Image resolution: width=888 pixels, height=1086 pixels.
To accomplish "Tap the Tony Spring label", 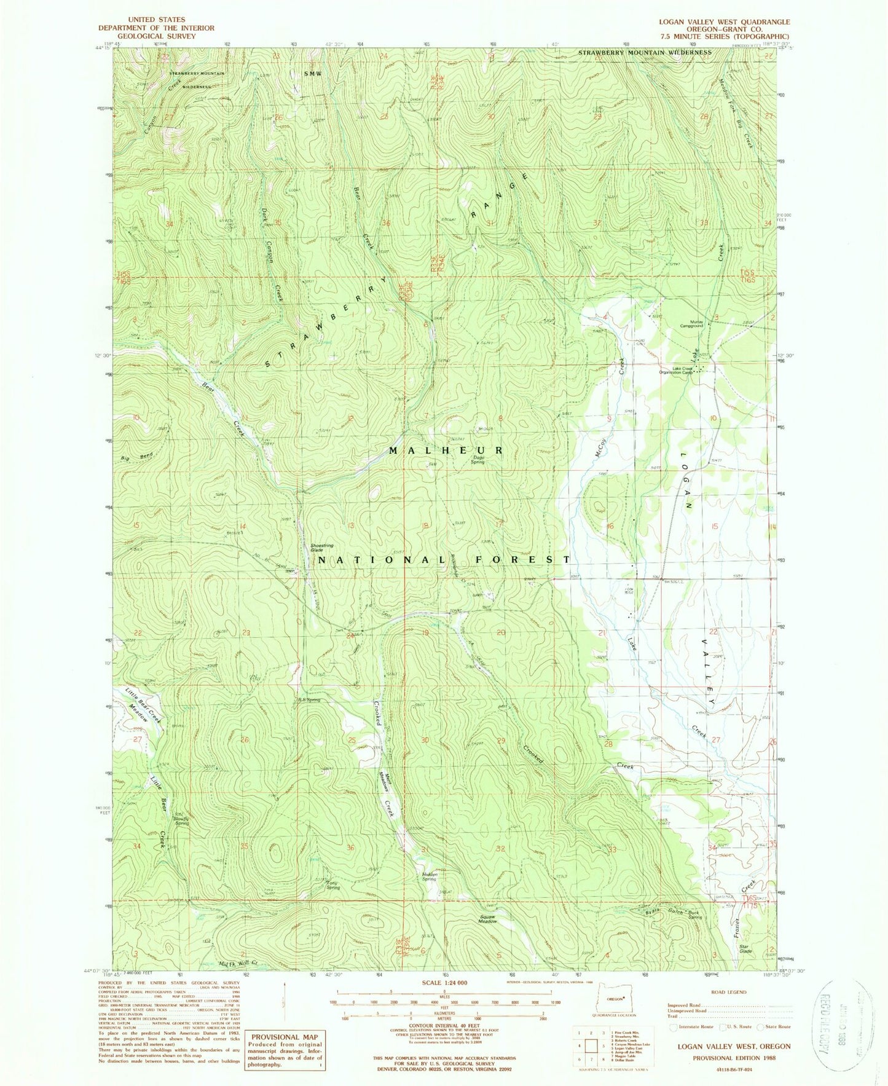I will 332,886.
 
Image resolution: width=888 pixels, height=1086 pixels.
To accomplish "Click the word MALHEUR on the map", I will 446,451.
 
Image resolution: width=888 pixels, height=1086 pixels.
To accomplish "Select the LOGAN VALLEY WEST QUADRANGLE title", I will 725,22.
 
